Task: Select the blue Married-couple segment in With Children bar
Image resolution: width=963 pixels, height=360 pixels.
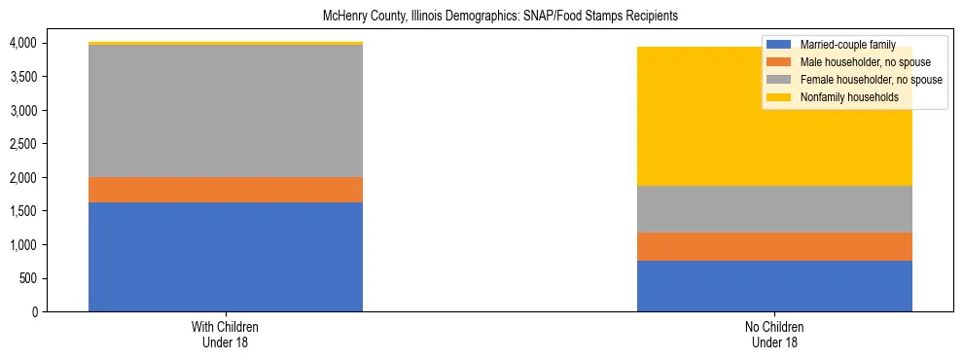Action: [226, 257]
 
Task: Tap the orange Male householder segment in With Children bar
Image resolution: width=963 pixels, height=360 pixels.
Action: [226, 190]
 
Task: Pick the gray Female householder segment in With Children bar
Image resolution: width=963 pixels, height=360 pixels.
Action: [226, 111]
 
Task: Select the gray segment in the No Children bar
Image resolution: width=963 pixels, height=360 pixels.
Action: [774, 209]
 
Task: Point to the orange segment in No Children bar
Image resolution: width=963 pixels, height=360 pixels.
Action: [774, 247]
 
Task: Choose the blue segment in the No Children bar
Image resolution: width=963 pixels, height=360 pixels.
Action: [774, 286]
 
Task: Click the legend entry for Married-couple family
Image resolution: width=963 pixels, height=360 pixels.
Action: [853, 44]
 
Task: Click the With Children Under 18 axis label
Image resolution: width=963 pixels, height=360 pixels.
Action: [226, 335]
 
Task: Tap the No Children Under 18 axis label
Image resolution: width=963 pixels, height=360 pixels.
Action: [774, 335]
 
